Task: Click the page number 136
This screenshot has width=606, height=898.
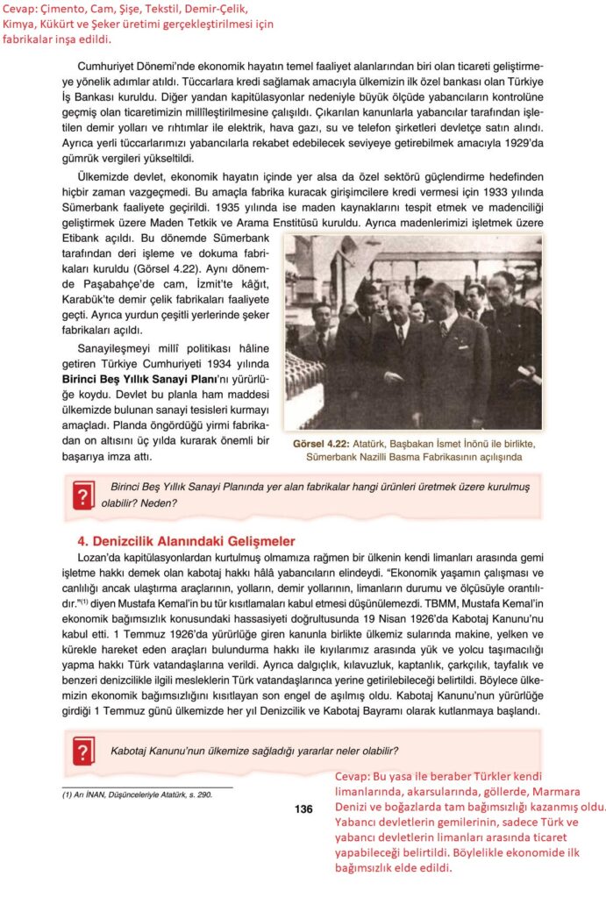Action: tap(303, 809)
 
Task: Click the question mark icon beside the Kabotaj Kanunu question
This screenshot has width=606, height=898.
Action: tap(83, 752)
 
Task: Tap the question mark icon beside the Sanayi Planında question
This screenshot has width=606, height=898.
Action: tap(83, 496)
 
